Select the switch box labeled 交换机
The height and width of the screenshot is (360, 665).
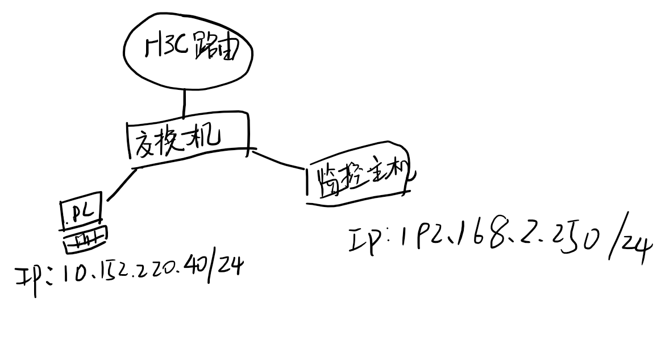pos(188,138)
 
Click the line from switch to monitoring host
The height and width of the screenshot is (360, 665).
pos(279,160)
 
